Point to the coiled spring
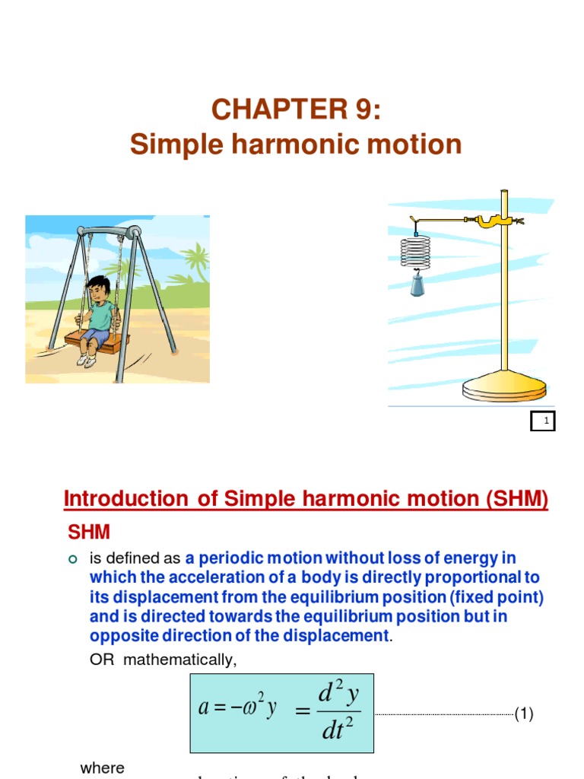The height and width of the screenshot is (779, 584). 415,250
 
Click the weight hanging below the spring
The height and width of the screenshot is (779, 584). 417,285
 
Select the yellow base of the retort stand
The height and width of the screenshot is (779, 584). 504,383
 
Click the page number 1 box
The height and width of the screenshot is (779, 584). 543,421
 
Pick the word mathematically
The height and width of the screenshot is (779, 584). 180,660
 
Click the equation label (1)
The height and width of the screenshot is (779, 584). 524,714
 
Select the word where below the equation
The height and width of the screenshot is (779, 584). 102,768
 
